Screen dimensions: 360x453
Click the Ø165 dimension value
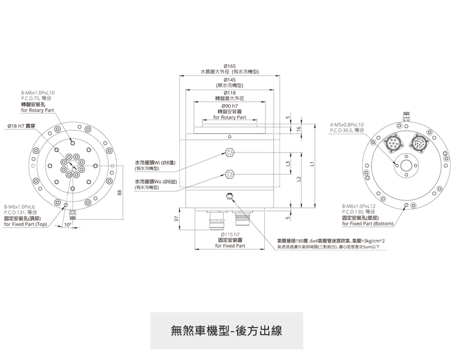pos(230,66)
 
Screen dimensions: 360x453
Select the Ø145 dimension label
pos(230,80)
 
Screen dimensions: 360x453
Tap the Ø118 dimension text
pos(230,93)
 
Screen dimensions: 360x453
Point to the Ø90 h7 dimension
pos(230,106)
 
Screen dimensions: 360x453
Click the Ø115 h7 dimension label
pos(230,235)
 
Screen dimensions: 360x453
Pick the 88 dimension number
pos(120,193)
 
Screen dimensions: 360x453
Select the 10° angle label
pos(68,224)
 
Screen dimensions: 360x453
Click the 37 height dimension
pos(176,218)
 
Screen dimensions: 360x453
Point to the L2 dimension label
pos(300,179)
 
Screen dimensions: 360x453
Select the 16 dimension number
pos(299,128)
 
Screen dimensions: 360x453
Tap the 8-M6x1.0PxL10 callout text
pos(38,93)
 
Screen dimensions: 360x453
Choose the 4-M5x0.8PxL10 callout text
pos(347,125)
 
